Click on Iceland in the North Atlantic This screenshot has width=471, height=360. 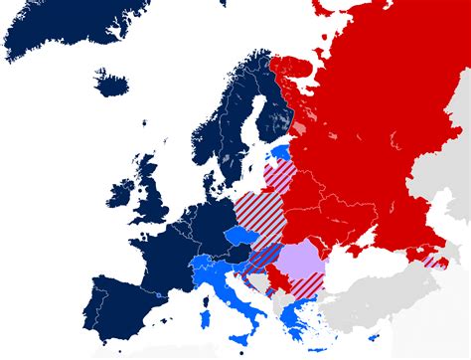(115, 82)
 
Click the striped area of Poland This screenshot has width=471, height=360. (260, 209)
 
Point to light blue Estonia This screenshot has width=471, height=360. (283, 152)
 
